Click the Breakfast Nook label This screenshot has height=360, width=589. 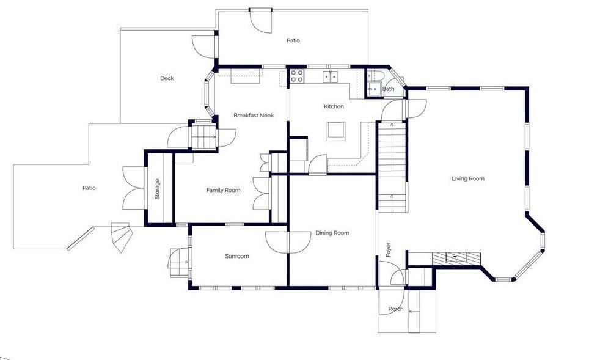[x=254, y=116]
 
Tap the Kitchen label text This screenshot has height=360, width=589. [x=334, y=106]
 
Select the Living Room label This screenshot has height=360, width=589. [x=467, y=178]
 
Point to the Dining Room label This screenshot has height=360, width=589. [x=332, y=233]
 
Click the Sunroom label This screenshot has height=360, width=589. [x=236, y=256]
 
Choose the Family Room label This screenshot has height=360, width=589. [x=223, y=190]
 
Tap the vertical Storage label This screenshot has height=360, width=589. [x=158, y=189]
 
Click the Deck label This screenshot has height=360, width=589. [x=167, y=78]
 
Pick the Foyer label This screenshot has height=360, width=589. [x=389, y=250]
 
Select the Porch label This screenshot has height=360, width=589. [x=395, y=309]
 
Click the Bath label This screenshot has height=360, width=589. [x=389, y=89]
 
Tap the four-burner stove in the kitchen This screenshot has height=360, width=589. [x=297, y=76]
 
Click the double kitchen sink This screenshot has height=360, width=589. [x=331, y=76]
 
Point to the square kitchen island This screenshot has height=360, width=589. [x=336, y=131]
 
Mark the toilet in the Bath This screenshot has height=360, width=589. [x=375, y=75]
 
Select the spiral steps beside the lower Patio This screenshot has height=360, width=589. [x=122, y=238]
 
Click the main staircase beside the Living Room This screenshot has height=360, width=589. [x=392, y=167]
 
